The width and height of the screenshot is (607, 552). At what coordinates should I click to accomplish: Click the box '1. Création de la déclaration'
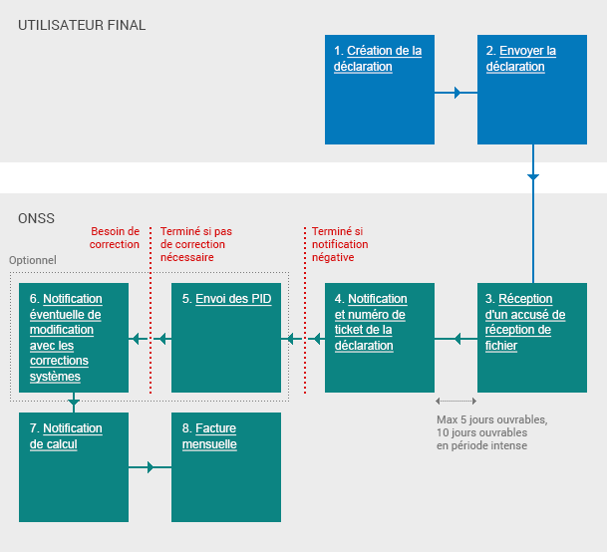380,90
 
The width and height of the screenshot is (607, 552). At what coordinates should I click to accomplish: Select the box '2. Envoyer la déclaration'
531,90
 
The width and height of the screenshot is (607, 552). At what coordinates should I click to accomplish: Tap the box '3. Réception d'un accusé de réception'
531,338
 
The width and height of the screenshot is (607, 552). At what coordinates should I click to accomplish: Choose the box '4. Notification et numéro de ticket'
380,338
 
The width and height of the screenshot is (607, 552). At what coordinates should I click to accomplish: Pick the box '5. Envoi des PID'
226,338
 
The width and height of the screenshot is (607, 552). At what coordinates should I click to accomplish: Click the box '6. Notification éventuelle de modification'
74,338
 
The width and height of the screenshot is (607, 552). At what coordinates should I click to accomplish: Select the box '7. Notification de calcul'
74,466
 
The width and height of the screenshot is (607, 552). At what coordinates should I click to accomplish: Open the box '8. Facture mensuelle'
226,466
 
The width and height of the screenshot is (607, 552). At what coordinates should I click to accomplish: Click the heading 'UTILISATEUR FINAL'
82,25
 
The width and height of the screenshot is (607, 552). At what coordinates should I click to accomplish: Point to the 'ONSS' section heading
37,218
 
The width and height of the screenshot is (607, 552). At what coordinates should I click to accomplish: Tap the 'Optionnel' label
33,260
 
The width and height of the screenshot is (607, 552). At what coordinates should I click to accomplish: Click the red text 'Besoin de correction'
115,237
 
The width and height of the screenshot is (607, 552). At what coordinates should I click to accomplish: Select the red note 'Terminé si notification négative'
340,244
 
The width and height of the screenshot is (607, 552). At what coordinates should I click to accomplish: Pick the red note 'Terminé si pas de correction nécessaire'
196,244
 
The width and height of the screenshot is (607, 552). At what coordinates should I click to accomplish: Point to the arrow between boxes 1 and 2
456,93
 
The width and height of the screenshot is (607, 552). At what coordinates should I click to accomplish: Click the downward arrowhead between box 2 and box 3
532,176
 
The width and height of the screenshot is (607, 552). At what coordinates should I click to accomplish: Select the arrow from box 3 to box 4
456,340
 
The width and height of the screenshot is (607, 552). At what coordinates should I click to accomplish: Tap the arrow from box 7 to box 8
151,467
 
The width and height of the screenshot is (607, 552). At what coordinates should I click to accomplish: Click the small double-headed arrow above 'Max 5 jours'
455,403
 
